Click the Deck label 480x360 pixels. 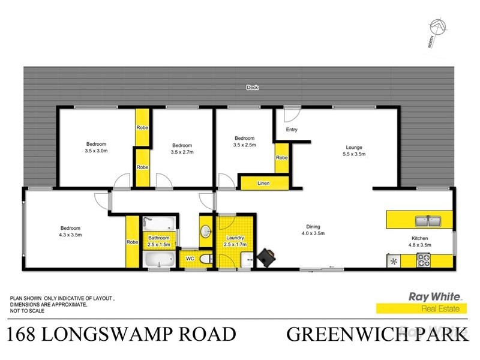tap(252, 88)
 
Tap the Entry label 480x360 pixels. tap(292, 130)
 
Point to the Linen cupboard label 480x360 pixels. tap(263, 182)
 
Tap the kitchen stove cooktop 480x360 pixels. tap(424, 260)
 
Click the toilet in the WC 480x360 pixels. tap(204, 259)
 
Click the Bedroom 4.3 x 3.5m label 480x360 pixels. tap(70, 232)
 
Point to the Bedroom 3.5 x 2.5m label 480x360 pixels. tap(244, 142)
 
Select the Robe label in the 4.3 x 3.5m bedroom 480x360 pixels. tap(132, 242)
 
